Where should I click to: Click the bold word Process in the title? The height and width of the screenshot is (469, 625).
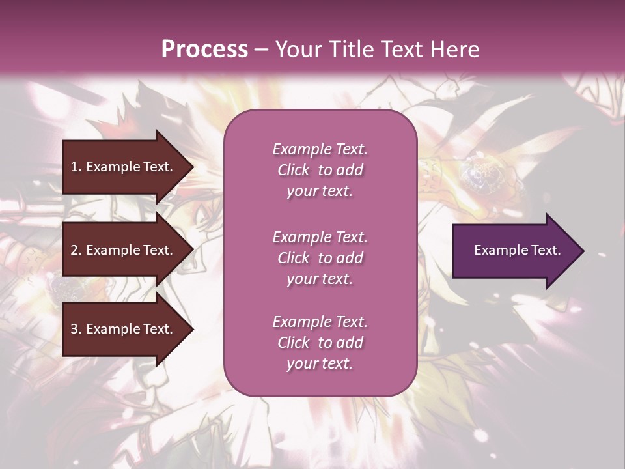coord(204,49)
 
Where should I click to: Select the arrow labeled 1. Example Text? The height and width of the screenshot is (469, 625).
coord(124,167)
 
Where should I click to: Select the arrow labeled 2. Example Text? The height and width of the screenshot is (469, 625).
coord(124,250)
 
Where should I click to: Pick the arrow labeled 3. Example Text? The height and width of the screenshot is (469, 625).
coord(124,329)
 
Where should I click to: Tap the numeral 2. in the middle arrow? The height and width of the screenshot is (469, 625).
coord(76,250)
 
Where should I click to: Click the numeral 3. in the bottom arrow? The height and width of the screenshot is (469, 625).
coord(76,329)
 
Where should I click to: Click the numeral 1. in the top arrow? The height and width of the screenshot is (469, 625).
coord(76,167)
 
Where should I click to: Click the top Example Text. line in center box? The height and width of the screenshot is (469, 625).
coord(320,149)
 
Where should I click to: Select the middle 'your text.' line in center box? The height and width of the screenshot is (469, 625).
coord(319,279)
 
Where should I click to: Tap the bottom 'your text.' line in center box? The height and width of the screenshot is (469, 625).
coord(319,363)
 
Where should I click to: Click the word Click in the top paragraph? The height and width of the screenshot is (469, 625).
coord(294,170)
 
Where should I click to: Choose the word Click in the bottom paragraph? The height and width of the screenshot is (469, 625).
coord(294,343)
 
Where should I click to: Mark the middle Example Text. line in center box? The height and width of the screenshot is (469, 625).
coord(320,236)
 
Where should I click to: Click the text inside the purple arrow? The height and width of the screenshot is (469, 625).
coord(517,250)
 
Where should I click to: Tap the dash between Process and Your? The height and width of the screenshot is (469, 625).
coord(261,50)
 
